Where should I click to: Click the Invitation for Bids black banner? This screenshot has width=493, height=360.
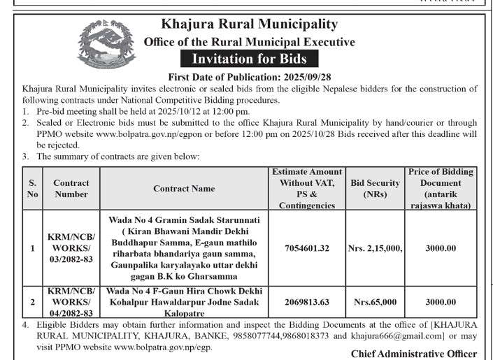point(249,59)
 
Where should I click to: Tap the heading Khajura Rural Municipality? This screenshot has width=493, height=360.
point(249,26)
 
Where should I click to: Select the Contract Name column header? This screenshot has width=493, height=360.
point(185,189)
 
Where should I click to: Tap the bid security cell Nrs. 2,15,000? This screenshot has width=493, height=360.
point(375,247)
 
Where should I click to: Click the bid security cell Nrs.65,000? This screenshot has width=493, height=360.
point(375,303)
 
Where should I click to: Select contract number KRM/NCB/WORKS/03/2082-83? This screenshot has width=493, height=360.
point(71,247)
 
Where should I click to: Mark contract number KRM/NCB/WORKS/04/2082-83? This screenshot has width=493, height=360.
point(71,303)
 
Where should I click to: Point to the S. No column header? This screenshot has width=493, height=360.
point(32,189)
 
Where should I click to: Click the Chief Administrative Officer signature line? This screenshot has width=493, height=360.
point(414,354)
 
